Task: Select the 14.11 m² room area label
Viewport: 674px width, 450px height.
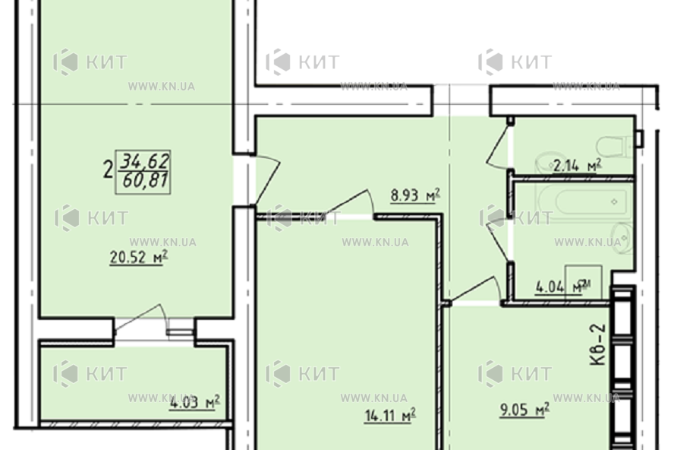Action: click(390, 415)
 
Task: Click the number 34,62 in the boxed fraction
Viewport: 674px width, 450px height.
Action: click(144, 160)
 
